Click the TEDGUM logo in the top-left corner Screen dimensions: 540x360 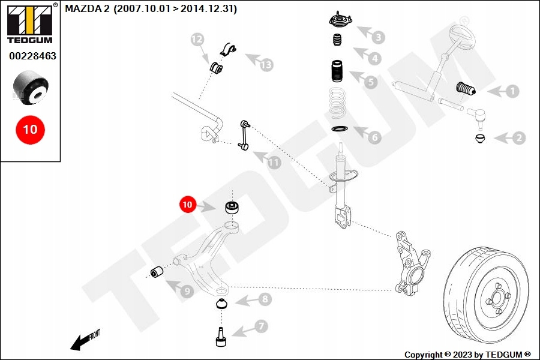pyautogui.click(x=30, y=23)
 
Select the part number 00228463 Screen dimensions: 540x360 pyautogui.click(x=32, y=56)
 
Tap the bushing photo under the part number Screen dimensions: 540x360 pyautogui.click(x=31, y=88)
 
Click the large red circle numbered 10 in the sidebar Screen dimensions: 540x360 pyautogui.click(x=31, y=130)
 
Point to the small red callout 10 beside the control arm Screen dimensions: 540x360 pyautogui.click(x=188, y=204)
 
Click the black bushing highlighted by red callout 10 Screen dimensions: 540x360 pyautogui.click(x=232, y=207)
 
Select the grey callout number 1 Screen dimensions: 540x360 pyautogui.click(x=512, y=91)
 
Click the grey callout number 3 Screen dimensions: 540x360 pyautogui.click(x=378, y=37)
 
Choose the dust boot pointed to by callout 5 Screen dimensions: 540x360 pyautogui.click(x=337, y=71)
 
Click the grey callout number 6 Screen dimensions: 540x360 pyautogui.click(x=374, y=137)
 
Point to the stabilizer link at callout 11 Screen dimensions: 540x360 pyautogui.click(x=244, y=134)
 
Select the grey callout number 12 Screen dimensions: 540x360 pyautogui.click(x=197, y=39)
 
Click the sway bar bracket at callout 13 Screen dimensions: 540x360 pyautogui.click(x=227, y=49)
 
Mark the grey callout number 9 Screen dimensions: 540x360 pyautogui.click(x=187, y=292)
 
